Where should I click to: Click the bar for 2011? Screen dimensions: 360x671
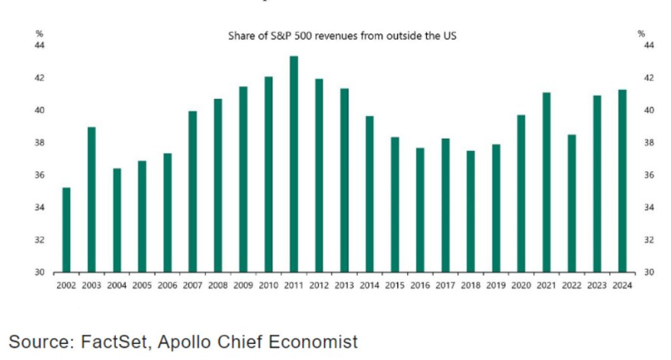pos(294,164)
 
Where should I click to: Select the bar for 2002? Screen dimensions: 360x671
pos(66,230)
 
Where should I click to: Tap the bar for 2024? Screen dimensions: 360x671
pos(622,181)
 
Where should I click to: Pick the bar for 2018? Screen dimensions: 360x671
pos(470,211)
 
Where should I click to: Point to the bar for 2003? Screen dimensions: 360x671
pos(91,199)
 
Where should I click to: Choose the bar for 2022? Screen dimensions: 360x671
pos(571,203)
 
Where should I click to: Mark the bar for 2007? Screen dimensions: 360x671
pos(192,191)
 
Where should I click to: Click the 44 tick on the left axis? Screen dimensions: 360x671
pos(40,46)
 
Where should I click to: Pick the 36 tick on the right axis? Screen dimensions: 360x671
pos(650,175)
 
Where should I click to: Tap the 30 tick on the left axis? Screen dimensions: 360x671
pos(40,272)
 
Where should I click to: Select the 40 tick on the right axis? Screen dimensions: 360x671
pos(650,111)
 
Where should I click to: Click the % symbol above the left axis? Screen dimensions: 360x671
pos(39,33)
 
